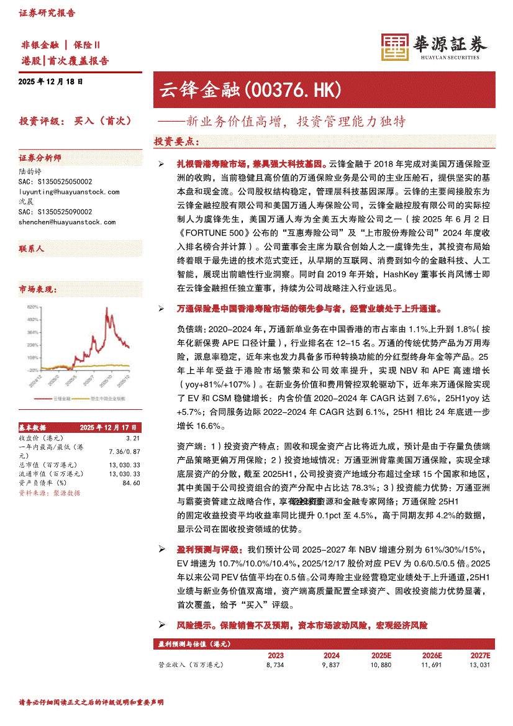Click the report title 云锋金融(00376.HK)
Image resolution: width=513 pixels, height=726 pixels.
250,91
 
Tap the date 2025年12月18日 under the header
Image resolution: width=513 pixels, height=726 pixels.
50,81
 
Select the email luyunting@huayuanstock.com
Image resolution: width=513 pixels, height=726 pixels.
69,192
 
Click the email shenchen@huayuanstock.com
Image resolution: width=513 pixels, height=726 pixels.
67,222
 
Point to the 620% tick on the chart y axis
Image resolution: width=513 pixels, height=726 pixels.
32,307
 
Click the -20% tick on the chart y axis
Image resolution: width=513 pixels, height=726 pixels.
32,370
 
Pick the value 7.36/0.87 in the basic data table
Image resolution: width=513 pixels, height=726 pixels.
124,451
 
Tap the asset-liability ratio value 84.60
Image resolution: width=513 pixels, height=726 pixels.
131,483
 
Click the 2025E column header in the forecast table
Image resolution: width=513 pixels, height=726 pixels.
381,655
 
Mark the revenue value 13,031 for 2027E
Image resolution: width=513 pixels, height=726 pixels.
479,665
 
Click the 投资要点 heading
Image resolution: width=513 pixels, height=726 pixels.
176,142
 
